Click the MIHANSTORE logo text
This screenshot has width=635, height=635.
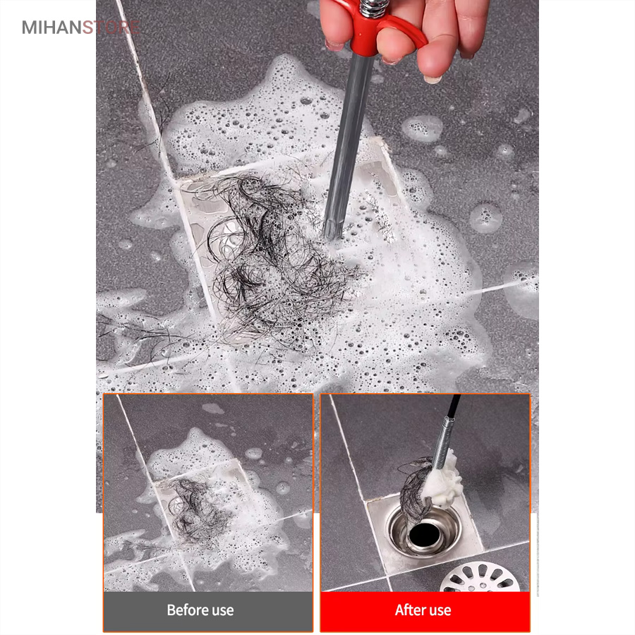81,28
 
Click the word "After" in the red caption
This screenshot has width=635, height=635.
409,610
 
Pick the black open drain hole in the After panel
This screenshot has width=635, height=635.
425,534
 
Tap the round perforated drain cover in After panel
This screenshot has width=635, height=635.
480,577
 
